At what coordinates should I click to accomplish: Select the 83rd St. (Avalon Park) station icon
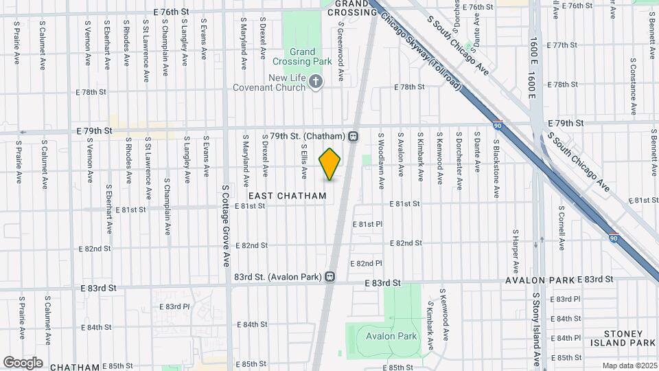(330, 277)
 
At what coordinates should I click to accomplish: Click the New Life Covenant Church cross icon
(316, 83)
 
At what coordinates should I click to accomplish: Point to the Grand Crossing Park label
(303, 56)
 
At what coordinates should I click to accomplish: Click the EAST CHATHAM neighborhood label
(292, 196)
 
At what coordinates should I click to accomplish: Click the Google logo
(23, 362)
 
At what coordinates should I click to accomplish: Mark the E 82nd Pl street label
(366, 263)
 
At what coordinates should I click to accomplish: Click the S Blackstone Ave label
(496, 168)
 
